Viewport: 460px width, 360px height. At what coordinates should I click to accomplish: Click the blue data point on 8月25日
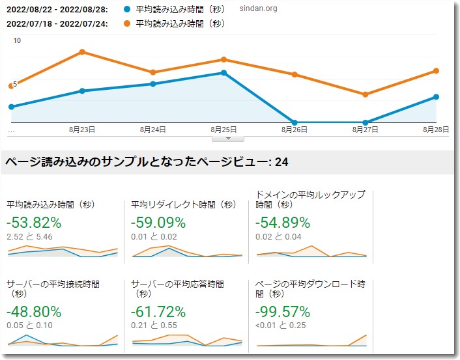pyautogui.click(x=223, y=73)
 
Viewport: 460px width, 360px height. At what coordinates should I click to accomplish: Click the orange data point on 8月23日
pyautogui.click(x=82, y=51)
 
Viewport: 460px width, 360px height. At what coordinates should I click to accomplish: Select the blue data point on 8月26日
pyautogui.click(x=295, y=122)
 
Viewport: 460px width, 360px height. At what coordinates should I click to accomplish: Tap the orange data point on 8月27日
pyautogui.click(x=366, y=94)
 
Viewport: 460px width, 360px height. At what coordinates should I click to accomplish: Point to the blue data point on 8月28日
pyautogui.click(x=436, y=97)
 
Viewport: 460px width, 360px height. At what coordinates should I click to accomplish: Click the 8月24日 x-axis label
pyautogui.click(x=152, y=130)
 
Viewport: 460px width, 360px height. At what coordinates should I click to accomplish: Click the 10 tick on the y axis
pyautogui.click(x=18, y=40)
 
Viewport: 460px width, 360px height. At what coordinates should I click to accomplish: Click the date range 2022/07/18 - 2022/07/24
pyautogui.click(x=57, y=24)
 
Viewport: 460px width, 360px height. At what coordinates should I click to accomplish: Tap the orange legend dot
pyautogui.click(x=126, y=24)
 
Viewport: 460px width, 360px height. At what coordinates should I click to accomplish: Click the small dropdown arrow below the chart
pyautogui.click(x=228, y=138)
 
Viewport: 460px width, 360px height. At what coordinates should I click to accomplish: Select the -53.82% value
pyautogui.click(x=34, y=223)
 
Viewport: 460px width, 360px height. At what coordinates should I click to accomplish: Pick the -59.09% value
pyautogui.click(x=158, y=223)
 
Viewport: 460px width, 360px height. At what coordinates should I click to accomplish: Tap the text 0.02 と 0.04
pyautogui.click(x=279, y=237)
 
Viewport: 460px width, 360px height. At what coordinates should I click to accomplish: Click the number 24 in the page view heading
pyautogui.click(x=281, y=162)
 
